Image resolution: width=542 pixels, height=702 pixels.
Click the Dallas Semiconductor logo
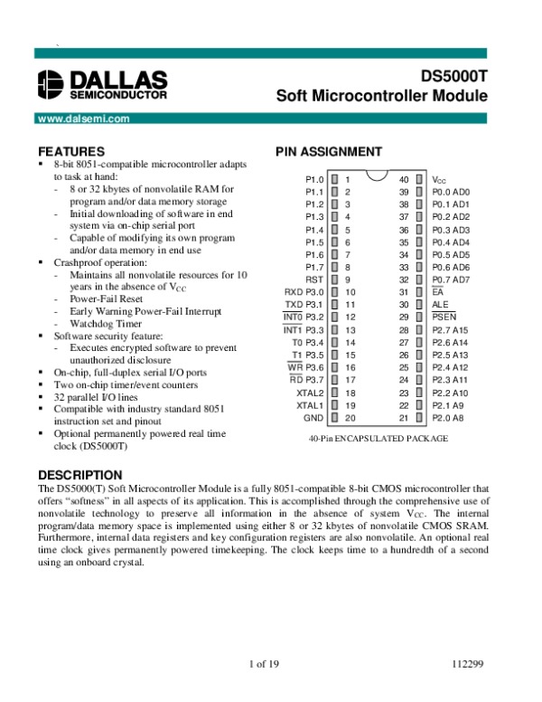[102, 84]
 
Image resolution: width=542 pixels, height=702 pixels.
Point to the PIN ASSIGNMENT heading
[328, 151]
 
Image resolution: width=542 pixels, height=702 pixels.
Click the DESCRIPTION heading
[79, 475]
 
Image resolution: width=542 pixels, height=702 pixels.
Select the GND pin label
[313, 418]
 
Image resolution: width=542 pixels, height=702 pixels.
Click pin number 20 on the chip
[350, 418]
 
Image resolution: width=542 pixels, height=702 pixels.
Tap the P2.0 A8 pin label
[448, 418]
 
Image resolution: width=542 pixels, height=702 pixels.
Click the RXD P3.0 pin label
[304, 293]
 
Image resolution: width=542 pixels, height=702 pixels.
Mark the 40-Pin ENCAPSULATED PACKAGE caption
[378, 439]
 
